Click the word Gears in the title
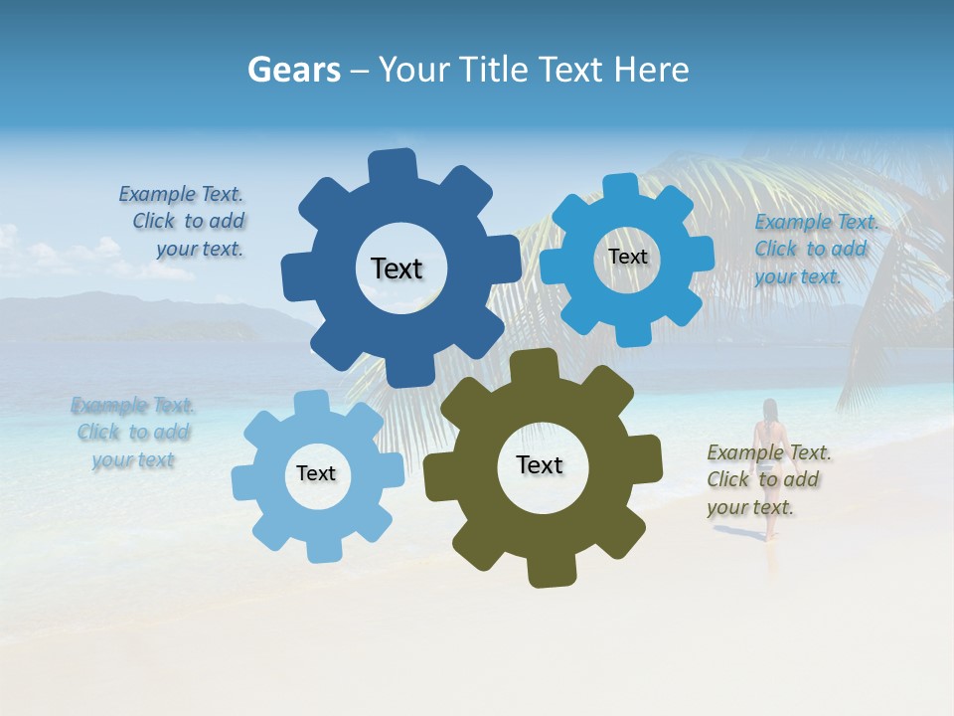click(293, 70)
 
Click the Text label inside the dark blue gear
click(397, 268)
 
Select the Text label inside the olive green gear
click(540, 465)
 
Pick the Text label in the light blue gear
click(316, 473)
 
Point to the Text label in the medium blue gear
click(627, 257)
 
